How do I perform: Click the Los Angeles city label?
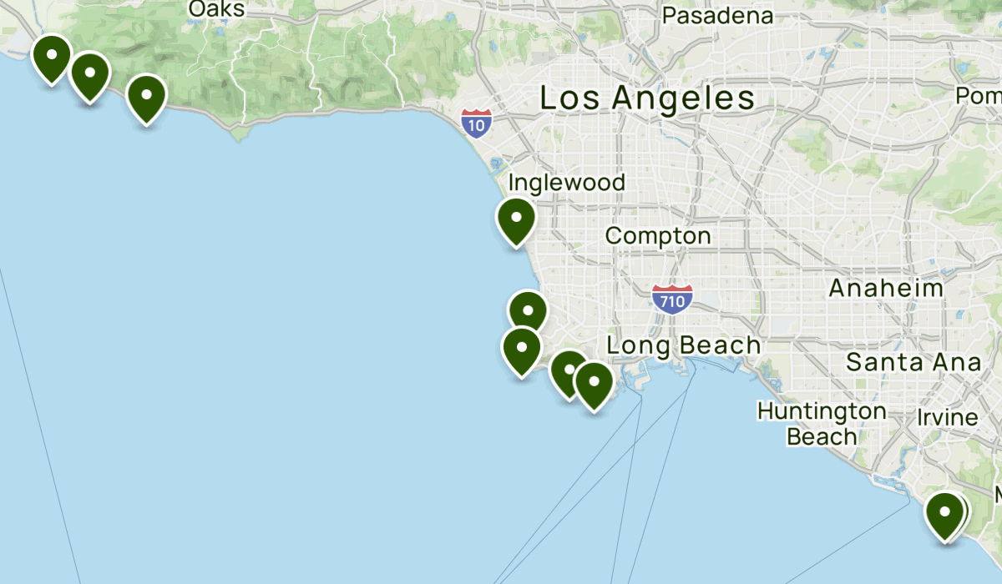(647, 98)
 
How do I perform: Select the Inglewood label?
(566, 183)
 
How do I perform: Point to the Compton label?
(658, 236)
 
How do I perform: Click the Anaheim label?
(886, 289)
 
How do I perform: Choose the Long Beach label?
(684, 345)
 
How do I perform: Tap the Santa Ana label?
(913, 363)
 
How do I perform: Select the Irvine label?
(947, 417)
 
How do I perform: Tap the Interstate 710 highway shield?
(672, 299)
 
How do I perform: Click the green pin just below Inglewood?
(516, 219)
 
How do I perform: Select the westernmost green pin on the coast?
(52, 57)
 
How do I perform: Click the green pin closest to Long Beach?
(594, 384)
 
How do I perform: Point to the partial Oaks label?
(216, 9)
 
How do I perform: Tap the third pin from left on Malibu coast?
(146, 97)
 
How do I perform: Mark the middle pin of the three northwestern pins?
(89, 74)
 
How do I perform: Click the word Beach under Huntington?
(822, 436)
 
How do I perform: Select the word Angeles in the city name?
(683, 98)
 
